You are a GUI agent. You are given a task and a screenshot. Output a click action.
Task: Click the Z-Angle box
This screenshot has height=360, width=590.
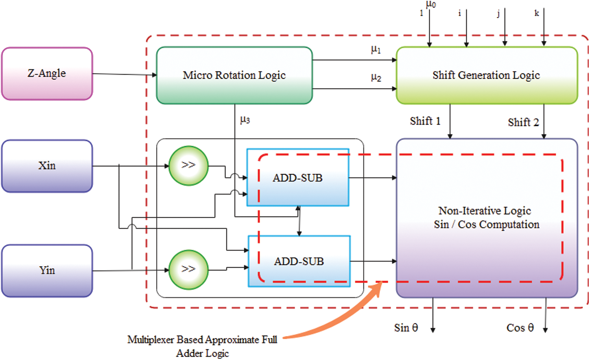(47, 74)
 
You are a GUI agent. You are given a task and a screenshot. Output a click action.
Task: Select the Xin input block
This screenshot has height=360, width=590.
(47, 166)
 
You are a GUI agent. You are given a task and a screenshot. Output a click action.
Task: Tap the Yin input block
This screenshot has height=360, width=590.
(47, 270)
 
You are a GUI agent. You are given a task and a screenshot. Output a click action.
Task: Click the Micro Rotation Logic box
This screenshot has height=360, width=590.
(234, 75)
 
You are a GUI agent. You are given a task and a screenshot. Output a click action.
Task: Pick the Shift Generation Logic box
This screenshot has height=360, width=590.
(486, 75)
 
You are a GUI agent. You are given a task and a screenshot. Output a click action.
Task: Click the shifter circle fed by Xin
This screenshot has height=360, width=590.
(188, 165)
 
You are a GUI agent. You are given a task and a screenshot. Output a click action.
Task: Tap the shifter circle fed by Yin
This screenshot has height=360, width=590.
(188, 270)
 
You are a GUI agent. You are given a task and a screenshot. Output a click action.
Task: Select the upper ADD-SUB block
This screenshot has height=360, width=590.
(297, 178)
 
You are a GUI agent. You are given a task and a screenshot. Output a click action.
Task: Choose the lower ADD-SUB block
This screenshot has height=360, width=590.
(299, 261)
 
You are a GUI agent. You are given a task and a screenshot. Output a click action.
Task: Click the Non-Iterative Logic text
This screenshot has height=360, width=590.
(485, 211)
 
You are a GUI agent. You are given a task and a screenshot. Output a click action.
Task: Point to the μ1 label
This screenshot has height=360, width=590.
(376, 50)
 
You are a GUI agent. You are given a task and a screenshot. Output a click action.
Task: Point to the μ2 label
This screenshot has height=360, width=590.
(376, 77)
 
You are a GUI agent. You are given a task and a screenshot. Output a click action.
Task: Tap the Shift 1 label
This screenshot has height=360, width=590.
(425, 121)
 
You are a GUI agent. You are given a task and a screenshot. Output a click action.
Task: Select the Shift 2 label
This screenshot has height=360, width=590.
(523, 122)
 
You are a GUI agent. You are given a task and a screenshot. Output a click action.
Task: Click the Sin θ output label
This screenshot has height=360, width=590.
(406, 328)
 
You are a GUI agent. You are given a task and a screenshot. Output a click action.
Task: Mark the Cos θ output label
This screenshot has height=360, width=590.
(520, 328)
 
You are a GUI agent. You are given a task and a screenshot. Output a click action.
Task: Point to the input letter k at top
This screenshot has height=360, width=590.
(537, 13)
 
